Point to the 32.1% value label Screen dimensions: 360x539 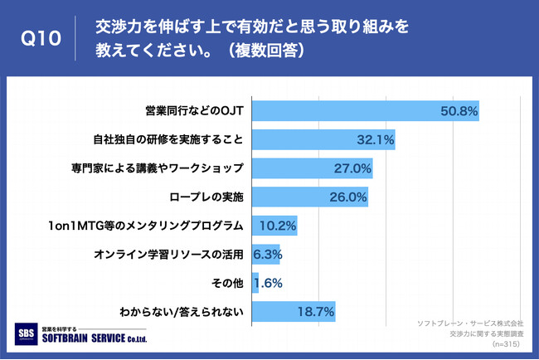tap(376, 139)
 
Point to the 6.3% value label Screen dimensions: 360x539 tap(267, 255)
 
